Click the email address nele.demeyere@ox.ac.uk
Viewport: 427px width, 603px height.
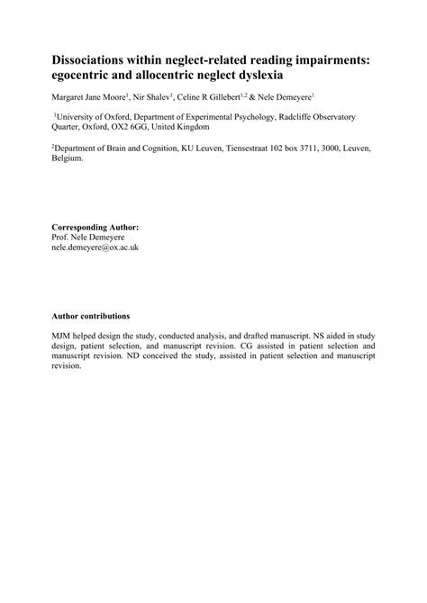coord(95,247)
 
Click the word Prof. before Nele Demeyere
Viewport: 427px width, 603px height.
coord(59,237)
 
